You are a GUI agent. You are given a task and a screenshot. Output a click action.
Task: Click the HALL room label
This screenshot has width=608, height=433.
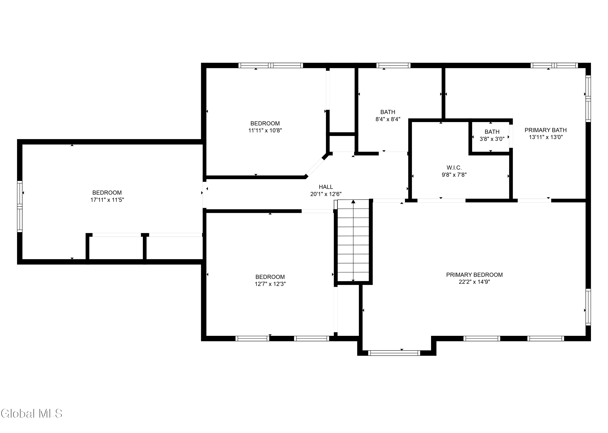point(326,187)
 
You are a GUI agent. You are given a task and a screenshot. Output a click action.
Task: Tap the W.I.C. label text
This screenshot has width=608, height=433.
point(454,168)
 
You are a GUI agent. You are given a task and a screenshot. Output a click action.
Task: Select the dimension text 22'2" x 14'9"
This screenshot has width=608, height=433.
point(474,282)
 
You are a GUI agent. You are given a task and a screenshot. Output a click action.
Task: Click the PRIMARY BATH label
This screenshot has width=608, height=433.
point(546,130)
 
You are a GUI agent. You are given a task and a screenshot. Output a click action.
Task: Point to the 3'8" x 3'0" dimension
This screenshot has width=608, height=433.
point(492,139)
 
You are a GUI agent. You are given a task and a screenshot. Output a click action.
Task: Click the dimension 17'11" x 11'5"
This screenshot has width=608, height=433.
point(107,200)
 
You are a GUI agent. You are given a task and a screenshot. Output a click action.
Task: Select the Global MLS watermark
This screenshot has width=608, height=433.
point(31,414)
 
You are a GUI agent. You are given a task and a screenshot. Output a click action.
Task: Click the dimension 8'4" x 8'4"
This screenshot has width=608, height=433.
point(388,119)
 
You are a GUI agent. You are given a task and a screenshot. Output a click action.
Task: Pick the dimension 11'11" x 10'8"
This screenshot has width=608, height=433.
point(265,130)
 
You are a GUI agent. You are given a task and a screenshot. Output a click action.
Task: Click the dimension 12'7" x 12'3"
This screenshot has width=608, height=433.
point(270,284)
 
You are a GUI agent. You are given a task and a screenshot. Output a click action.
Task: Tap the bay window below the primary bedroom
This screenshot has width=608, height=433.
point(394,353)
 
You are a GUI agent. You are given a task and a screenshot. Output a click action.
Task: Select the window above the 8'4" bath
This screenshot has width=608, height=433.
point(393,66)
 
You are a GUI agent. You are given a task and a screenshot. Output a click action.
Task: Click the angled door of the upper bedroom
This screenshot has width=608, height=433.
point(315,167)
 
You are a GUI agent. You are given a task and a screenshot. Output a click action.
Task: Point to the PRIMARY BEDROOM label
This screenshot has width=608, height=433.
point(474,275)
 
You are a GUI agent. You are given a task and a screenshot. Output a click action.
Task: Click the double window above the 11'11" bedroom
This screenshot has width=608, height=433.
point(271,66)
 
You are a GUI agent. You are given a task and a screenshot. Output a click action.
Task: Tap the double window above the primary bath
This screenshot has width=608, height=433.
point(554,66)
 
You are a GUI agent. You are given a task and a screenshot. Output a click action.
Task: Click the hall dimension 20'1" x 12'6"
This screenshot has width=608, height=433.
point(326,194)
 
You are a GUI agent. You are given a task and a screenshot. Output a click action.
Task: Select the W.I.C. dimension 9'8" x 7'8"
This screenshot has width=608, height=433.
point(454,175)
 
